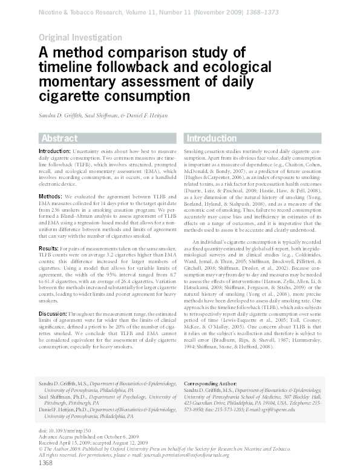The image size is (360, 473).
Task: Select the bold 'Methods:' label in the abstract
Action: point(50,197)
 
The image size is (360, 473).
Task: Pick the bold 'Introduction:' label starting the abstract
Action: point(55,150)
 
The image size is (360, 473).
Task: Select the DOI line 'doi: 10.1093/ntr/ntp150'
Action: point(66,430)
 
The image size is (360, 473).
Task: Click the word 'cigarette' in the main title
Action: point(71,96)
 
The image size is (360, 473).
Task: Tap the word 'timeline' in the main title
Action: point(68,67)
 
